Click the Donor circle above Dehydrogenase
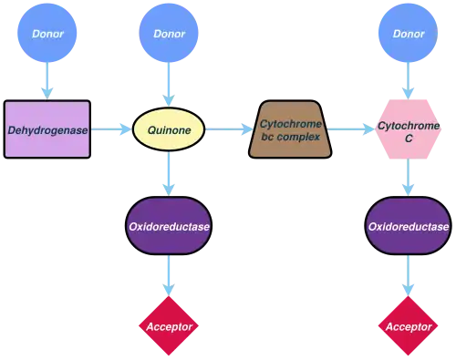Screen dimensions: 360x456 pos(48,35)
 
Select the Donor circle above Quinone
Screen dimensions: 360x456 pos(168,35)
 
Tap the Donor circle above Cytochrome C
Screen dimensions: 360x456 pos(409,35)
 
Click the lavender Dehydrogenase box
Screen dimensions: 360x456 pos(48,130)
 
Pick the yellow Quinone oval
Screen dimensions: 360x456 pos(168,130)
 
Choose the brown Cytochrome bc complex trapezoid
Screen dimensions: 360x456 pos(287,130)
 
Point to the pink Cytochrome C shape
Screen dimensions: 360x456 pos(409,130)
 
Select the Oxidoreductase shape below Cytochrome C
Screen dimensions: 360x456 pos(409,225)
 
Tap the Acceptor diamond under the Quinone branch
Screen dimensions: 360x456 pos(168,325)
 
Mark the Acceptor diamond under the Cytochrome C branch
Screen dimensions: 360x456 pos(409,325)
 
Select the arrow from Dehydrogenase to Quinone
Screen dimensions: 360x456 pos(112,130)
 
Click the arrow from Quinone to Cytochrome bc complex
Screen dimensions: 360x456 pos(226,130)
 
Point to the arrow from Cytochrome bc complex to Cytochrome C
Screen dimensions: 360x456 pos(351,130)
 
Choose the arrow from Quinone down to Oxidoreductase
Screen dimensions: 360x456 pos(168,175)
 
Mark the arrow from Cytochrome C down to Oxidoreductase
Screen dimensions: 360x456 pos(409,180)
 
